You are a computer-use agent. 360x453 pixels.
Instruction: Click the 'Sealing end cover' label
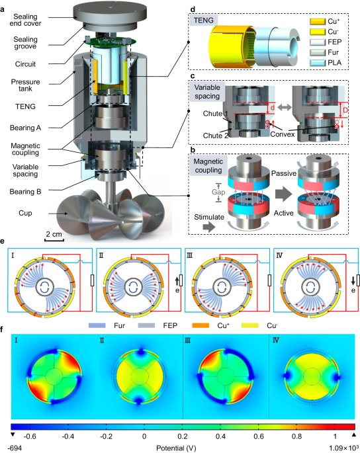coord(25,20)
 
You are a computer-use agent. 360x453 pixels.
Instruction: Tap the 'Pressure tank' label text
coord(25,85)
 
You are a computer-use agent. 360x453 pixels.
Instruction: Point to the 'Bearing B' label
coord(25,192)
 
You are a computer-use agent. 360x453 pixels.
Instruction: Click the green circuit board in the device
coord(111,42)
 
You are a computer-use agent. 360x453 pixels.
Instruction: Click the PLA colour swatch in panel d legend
coord(318,63)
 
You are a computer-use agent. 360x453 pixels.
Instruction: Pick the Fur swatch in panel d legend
coord(318,53)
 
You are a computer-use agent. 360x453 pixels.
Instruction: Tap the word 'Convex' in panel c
coord(282,134)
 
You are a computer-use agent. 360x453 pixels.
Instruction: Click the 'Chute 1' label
coord(216,114)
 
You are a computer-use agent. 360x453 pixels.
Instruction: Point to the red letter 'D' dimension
coord(345,110)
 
